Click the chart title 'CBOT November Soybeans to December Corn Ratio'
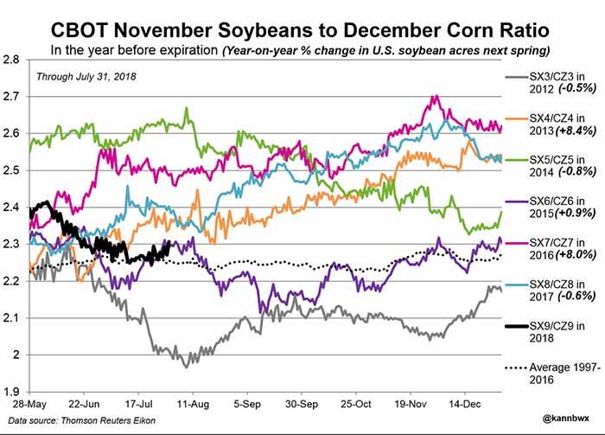coord(302,20)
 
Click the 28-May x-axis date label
coord(29,405)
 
